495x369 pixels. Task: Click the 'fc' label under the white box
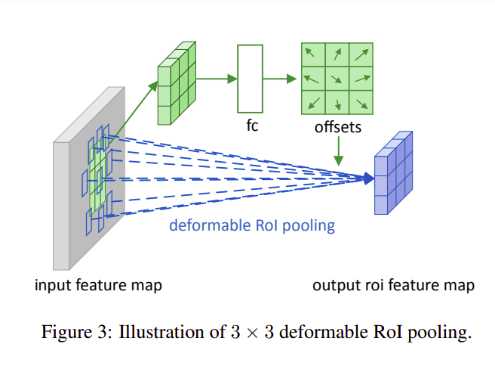click(x=252, y=126)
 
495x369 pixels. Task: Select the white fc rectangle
click(x=250, y=78)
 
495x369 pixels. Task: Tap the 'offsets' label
click(x=337, y=127)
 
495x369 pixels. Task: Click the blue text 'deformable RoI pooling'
click(x=251, y=225)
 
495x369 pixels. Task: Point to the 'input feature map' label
click(x=98, y=285)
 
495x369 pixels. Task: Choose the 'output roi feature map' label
click(x=393, y=285)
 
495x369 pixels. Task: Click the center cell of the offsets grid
click(x=337, y=78)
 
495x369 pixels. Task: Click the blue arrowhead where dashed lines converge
click(x=368, y=178)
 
